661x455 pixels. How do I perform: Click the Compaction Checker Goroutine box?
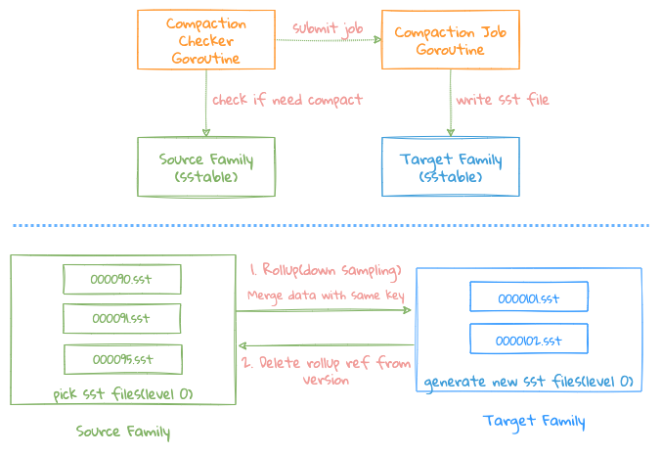point(205,39)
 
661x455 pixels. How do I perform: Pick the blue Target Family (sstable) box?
point(450,167)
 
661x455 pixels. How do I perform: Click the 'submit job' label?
point(327,27)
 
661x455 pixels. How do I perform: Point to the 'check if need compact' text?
point(286,99)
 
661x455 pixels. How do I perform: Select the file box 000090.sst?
point(122,279)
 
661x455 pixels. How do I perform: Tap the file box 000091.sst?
point(122,318)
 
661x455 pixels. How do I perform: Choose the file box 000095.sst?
point(122,358)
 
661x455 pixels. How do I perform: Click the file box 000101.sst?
point(528,296)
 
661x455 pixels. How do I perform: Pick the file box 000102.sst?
point(528,339)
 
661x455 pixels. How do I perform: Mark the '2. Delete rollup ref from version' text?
point(326,370)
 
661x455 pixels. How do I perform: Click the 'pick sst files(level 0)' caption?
point(123,393)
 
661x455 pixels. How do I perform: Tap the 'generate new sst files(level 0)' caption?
point(529,382)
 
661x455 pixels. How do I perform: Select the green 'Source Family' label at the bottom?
point(123,431)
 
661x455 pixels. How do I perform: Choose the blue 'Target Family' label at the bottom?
point(534,422)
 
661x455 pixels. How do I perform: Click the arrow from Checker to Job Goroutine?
point(326,41)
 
